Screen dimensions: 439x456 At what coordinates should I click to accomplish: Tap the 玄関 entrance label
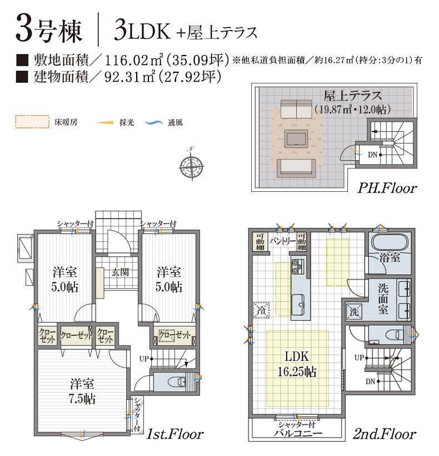coord(120,272)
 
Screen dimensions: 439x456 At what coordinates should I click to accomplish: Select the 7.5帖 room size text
coord(82,399)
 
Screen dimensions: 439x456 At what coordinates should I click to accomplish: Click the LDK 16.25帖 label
coord(297,364)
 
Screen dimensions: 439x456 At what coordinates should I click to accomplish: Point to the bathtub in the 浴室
coord(390,243)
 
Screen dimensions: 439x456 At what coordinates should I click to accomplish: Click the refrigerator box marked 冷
coord(261,310)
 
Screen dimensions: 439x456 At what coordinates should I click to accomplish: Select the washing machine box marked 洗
coord(354,312)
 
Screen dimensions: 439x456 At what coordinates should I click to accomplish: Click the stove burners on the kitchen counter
coord(297,266)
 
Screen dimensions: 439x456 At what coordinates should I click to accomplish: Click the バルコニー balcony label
coord(297,433)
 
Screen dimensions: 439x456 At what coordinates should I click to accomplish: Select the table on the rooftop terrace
coord(296,138)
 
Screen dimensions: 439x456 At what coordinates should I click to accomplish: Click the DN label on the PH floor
coord(372,155)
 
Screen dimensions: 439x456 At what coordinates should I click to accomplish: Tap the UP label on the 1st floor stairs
coord(144,359)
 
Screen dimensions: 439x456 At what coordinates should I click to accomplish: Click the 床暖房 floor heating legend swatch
coord(32,122)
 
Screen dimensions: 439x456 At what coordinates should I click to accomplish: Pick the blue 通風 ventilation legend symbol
coord(154,123)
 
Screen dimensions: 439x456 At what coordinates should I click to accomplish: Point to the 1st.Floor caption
coord(174,434)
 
